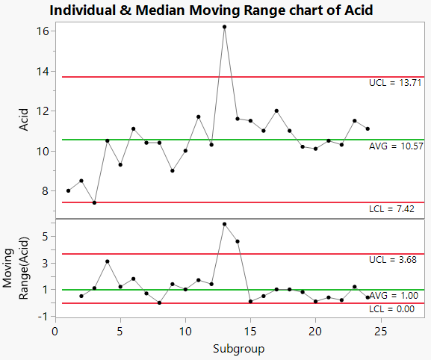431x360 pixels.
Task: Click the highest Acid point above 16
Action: tap(224, 27)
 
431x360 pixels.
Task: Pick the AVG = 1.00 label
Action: tap(393, 296)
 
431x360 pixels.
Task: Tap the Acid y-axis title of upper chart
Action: tap(25, 120)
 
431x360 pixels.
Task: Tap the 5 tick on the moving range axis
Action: tap(45, 236)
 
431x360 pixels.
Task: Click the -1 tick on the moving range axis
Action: tap(43, 317)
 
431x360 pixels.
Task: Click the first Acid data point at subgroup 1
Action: tap(68, 190)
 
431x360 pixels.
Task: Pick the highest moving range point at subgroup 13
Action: tap(224, 224)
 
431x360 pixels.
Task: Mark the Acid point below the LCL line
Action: tap(94, 202)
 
